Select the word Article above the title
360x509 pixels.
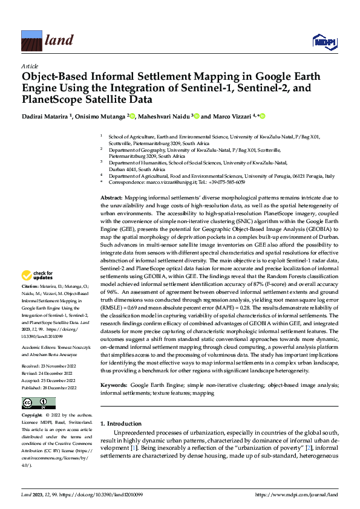(x=29, y=65)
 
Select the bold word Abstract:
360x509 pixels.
(x=112, y=198)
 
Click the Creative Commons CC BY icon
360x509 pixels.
(x=38, y=403)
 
